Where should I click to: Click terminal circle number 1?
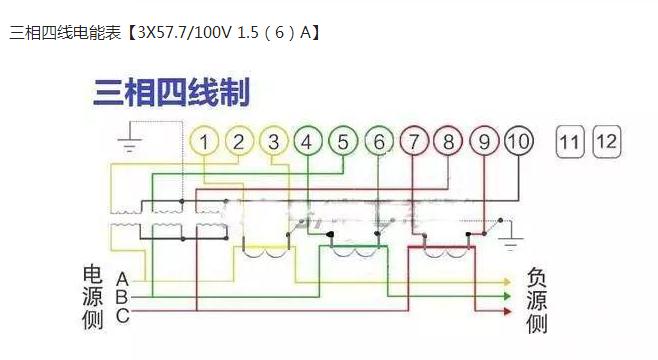(x=204, y=142)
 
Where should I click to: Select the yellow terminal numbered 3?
(x=273, y=142)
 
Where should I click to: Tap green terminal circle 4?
(x=307, y=142)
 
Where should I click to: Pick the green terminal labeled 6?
(x=379, y=142)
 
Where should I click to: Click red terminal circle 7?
(x=414, y=142)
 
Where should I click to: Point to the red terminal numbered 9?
(x=484, y=142)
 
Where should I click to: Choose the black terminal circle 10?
(x=517, y=142)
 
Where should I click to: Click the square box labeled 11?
(x=569, y=142)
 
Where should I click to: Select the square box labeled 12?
(x=606, y=141)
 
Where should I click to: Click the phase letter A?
(x=121, y=279)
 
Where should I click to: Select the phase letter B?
(x=121, y=297)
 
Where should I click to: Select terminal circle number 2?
(x=238, y=142)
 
